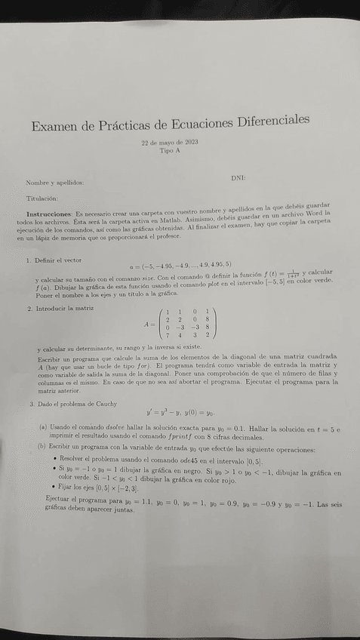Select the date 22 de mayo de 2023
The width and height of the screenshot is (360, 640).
pyautogui.click(x=170, y=143)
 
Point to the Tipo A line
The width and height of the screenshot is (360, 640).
pyautogui.click(x=170, y=151)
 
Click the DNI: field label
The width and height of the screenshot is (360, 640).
pyautogui.click(x=238, y=177)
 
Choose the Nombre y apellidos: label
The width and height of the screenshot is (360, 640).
pyautogui.click(x=55, y=183)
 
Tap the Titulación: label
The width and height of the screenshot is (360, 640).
pyautogui.click(x=42, y=198)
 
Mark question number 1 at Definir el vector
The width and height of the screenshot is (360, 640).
pyautogui.click(x=28, y=260)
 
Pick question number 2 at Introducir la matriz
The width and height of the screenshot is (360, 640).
pyautogui.click(x=28, y=308)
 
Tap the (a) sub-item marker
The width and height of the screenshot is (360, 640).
pyautogui.click(x=42, y=427)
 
